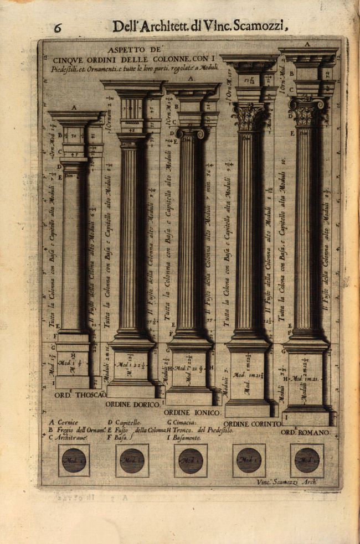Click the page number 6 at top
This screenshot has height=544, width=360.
click(x=58, y=28)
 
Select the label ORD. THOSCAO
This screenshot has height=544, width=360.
click(x=80, y=395)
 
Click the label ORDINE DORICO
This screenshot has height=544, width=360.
click(x=133, y=404)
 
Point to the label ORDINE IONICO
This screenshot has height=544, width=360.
click(x=192, y=413)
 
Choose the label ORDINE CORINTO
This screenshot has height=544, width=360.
click(x=252, y=424)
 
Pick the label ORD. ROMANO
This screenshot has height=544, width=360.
click(x=305, y=432)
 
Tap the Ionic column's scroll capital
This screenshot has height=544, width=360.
click(x=191, y=133)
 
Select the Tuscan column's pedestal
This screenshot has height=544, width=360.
click(x=73, y=363)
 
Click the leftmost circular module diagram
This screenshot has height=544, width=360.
click(x=74, y=460)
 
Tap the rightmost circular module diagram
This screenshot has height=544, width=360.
click(x=307, y=460)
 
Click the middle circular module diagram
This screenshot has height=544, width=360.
click(x=191, y=460)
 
